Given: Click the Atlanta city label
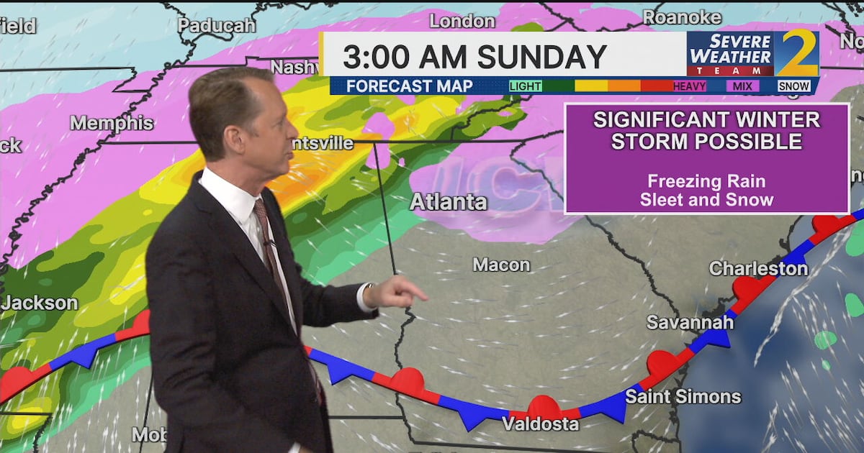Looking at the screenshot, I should pos(448,202).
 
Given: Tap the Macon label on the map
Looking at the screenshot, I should pos(501,265).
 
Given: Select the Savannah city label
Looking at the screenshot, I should pos(690,321).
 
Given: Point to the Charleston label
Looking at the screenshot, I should pos(758,268).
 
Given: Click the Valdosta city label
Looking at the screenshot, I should pos(540,424).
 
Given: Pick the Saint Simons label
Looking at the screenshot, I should pos(683,395).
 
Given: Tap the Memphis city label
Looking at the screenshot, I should pos(112,123).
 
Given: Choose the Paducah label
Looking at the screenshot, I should pos(216,25).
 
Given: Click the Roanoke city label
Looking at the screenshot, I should pos(681,17).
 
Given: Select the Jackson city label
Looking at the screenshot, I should pos(40,303).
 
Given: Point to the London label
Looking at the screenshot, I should pos(462,20).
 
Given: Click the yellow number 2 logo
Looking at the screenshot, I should pos(796,53).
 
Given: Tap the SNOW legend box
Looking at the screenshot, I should pos(794,86).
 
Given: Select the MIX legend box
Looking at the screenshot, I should pos(742,86).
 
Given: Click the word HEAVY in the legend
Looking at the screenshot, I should pos(689,86).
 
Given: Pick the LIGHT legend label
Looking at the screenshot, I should pos(526,86).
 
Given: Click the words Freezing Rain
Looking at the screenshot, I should pos(706,181).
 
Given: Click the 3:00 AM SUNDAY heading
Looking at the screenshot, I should pos(474,56).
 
